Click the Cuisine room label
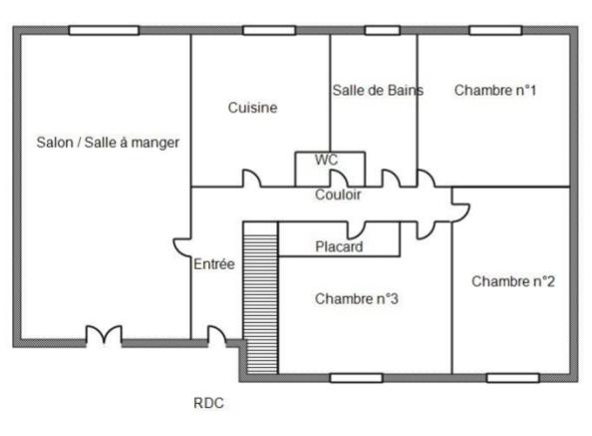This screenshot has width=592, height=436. point(252,108)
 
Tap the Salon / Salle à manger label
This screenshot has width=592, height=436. point(108,143)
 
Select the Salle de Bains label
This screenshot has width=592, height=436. point(378,91)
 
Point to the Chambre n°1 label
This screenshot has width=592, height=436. point(495,91)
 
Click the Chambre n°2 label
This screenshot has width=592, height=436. point(513,281)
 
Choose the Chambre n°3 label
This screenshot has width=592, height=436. point(357,299)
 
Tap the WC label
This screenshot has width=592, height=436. point(326,160)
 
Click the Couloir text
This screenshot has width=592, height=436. point(338,195)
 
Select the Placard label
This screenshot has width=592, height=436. point(339,246)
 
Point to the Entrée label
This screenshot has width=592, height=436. point(214,264)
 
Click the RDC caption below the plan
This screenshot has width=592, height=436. point(208,403)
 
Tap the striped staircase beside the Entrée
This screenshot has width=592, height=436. point(260,297)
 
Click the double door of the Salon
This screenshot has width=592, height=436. point(104,335)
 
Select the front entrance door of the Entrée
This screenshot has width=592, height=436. point(217,336)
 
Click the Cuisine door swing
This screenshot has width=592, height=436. point(251,178)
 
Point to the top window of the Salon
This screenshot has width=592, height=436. point(104,30)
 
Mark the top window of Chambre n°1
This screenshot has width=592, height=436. point(495,30)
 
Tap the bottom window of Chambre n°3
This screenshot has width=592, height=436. point(356,378)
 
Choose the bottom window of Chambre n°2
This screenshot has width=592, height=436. point(512,378)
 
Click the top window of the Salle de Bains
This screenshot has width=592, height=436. point(382,30)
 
